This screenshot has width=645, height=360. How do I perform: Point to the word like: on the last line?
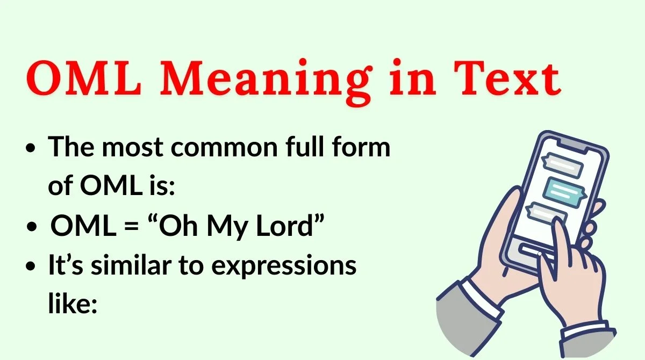pos(72,304)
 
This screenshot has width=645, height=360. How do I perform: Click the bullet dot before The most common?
pos(32,148)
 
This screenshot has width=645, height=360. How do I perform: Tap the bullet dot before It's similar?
pos(32,267)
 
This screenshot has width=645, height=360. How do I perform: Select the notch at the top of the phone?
pos(578,141)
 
